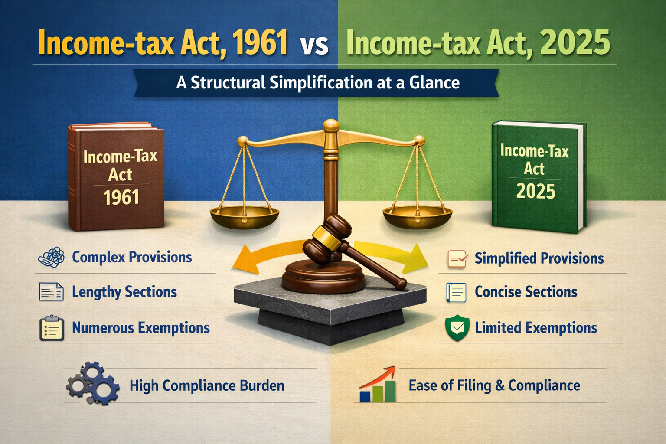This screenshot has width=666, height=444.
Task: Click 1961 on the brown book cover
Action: [121, 197]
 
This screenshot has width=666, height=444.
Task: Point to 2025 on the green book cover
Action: [535, 191]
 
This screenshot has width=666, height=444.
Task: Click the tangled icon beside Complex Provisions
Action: [52, 257]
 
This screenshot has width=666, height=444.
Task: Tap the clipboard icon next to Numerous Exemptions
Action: [52, 328]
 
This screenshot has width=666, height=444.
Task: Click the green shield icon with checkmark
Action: [457, 328]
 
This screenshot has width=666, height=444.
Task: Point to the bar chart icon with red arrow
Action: [378, 384]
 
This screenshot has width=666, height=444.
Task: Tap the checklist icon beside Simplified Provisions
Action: [458, 259]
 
